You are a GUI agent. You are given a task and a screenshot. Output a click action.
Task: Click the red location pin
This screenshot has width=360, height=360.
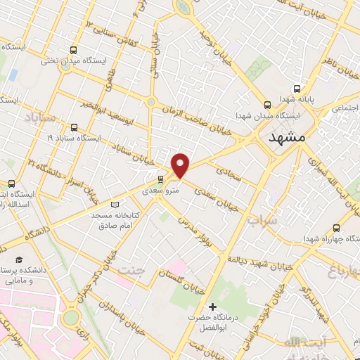coord(181,165)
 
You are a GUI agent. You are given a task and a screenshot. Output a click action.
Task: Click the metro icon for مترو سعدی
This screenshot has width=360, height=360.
coord(161,179)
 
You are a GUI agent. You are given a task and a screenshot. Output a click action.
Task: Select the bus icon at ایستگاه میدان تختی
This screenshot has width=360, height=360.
coord(73,50)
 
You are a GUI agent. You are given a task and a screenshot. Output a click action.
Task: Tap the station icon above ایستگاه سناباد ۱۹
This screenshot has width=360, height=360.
coord(75,127)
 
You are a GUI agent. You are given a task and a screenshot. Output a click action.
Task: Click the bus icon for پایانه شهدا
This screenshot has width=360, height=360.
coord(296,89)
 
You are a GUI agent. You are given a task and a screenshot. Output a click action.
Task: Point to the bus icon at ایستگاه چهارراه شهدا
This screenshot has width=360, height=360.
coord(336,228)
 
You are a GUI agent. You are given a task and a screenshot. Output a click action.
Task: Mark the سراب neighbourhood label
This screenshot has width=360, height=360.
coord(262,220)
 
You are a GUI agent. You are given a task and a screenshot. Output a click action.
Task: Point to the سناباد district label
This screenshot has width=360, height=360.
coord(36,115)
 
